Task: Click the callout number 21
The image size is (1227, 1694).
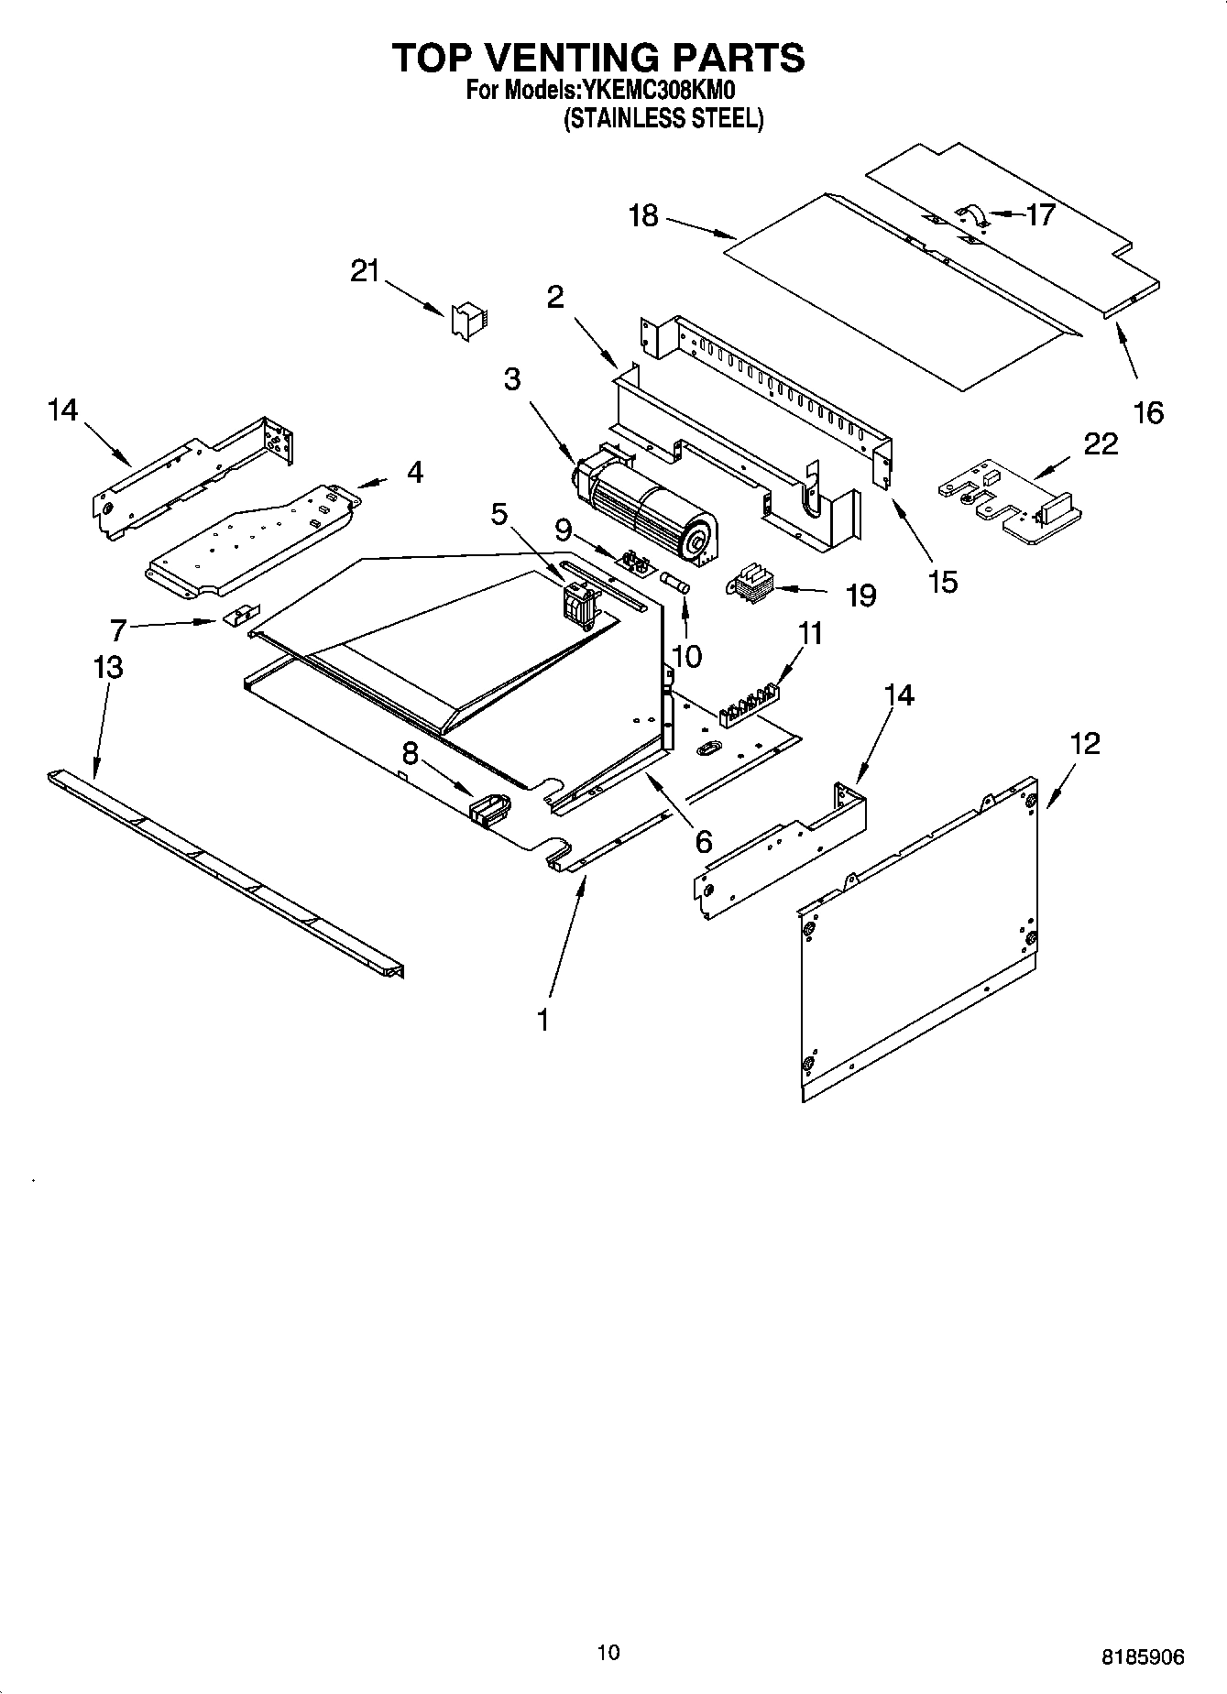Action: [x=365, y=271]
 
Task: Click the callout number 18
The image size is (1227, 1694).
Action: [x=643, y=216]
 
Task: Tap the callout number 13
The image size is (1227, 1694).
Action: [x=108, y=667]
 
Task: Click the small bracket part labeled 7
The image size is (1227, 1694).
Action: [x=240, y=615]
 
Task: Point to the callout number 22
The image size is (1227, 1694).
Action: [x=1101, y=444]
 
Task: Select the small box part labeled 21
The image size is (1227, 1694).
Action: [x=469, y=321]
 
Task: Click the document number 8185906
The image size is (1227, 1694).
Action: [x=1142, y=1656]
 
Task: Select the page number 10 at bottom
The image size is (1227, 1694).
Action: [x=608, y=1652]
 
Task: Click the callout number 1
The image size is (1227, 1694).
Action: [x=543, y=1019]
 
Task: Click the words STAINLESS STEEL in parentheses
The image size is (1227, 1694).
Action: [x=663, y=119]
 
